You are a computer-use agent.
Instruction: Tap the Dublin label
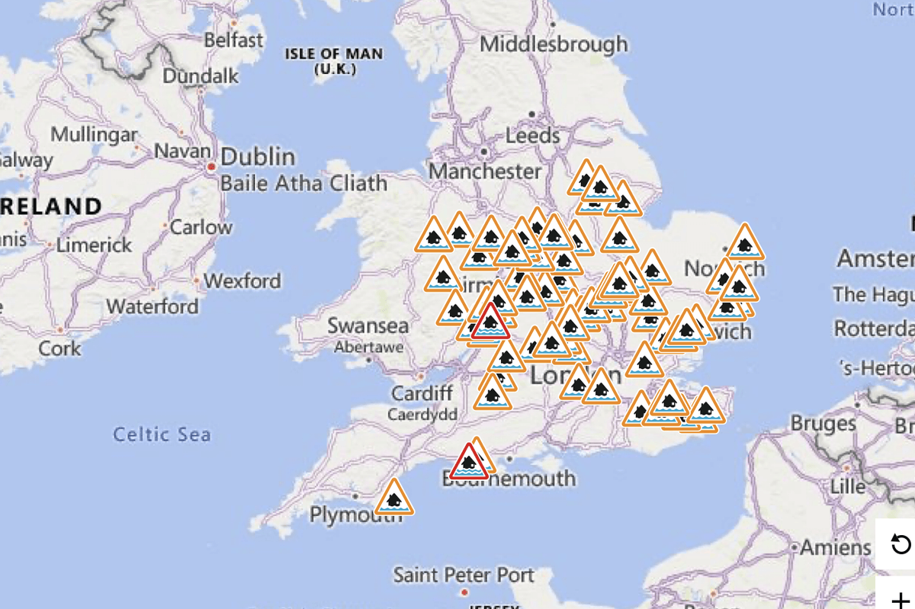[x=258, y=157]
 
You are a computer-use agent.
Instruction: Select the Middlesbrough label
[x=554, y=43]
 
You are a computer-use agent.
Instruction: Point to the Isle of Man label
[x=334, y=60]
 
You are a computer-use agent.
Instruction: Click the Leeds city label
[x=533, y=136]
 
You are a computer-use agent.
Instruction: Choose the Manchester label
[x=485, y=171]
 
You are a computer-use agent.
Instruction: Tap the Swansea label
[x=368, y=325]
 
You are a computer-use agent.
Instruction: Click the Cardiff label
[x=422, y=393]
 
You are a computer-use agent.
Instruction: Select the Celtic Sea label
[x=162, y=434]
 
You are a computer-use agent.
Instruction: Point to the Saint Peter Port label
[x=464, y=574]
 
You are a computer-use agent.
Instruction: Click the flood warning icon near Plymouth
[x=393, y=498]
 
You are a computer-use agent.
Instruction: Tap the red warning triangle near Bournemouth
[x=468, y=463]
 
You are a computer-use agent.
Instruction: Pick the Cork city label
[x=59, y=348]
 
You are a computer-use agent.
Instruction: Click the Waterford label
[x=152, y=306]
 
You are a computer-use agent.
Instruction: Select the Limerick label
[x=93, y=245]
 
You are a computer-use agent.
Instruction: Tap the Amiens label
[x=835, y=547]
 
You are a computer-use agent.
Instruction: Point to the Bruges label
[x=823, y=423]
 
